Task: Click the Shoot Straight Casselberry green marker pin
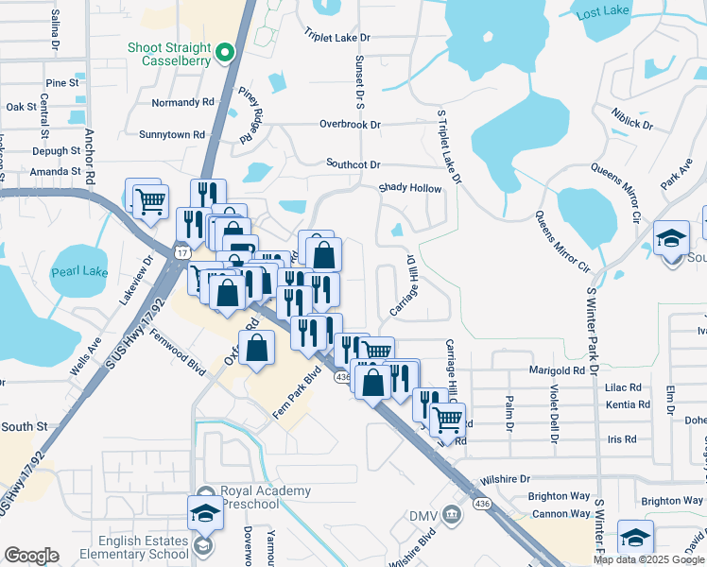click(x=226, y=54)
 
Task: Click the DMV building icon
click(x=453, y=515)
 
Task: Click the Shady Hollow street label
click(x=410, y=189)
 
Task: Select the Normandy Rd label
click(x=183, y=102)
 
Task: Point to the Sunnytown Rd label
click(x=172, y=135)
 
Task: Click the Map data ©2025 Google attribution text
click(x=649, y=559)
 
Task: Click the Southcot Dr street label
click(x=353, y=163)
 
